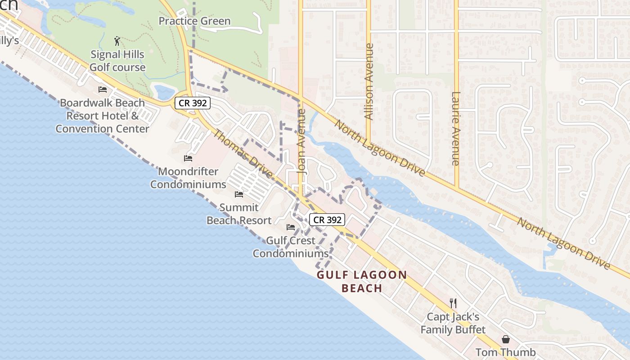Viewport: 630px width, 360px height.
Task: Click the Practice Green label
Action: (x=194, y=21)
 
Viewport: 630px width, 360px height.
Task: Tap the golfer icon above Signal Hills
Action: (x=117, y=41)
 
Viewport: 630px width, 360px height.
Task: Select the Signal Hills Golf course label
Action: (x=117, y=61)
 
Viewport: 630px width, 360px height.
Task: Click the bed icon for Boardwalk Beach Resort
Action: (x=103, y=90)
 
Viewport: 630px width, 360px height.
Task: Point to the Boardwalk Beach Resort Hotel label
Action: (x=103, y=116)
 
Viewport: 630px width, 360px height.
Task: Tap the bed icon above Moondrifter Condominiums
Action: (x=188, y=158)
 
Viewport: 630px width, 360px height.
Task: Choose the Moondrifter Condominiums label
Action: (x=188, y=178)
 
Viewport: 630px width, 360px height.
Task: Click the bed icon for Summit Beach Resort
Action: (x=239, y=194)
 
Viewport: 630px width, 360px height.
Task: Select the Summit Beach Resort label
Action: (x=239, y=214)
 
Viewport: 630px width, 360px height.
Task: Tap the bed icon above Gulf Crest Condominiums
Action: (x=291, y=227)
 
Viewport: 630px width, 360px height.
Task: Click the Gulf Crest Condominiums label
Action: (x=291, y=247)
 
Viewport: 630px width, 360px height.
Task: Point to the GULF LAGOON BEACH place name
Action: (x=362, y=281)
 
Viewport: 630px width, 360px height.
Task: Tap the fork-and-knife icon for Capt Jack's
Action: (x=453, y=303)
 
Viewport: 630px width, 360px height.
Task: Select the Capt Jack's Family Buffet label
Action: (x=453, y=323)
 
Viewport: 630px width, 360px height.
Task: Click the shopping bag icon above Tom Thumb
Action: (x=506, y=339)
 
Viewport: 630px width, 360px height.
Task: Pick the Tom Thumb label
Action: (x=506, y=352)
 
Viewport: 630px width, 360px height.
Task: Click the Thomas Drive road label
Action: (x=243, y=154)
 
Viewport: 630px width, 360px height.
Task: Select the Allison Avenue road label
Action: (x=369, y=81)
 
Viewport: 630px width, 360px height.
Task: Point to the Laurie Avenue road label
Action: (x=456, y=129)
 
